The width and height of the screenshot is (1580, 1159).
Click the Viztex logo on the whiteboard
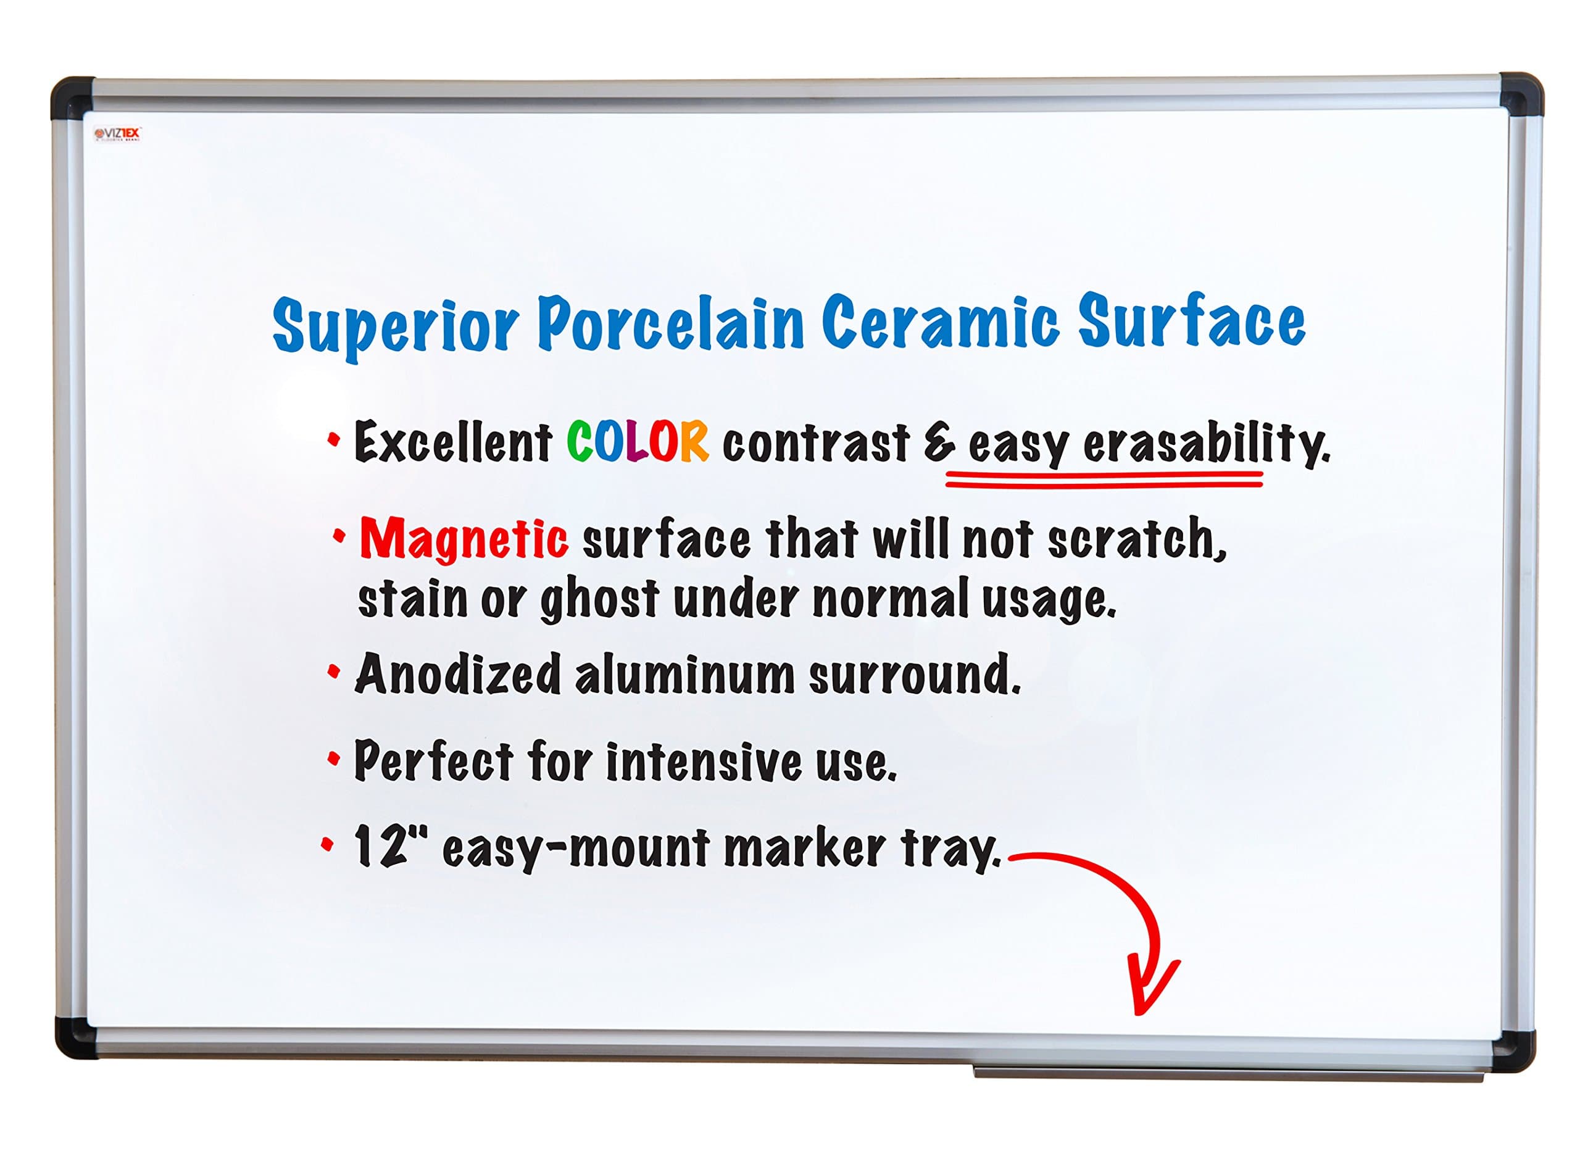point(118,133)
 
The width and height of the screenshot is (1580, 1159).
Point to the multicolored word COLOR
point(637,442)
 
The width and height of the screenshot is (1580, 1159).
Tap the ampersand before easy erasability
point(939,443)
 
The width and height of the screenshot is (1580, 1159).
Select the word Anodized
point(457,674)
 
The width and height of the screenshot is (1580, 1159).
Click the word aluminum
point(684,676)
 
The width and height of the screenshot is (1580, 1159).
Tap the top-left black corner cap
point(70,98)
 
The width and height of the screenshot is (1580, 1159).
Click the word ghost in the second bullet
point(599,600)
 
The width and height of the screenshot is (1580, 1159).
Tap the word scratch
point(1135,540)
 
